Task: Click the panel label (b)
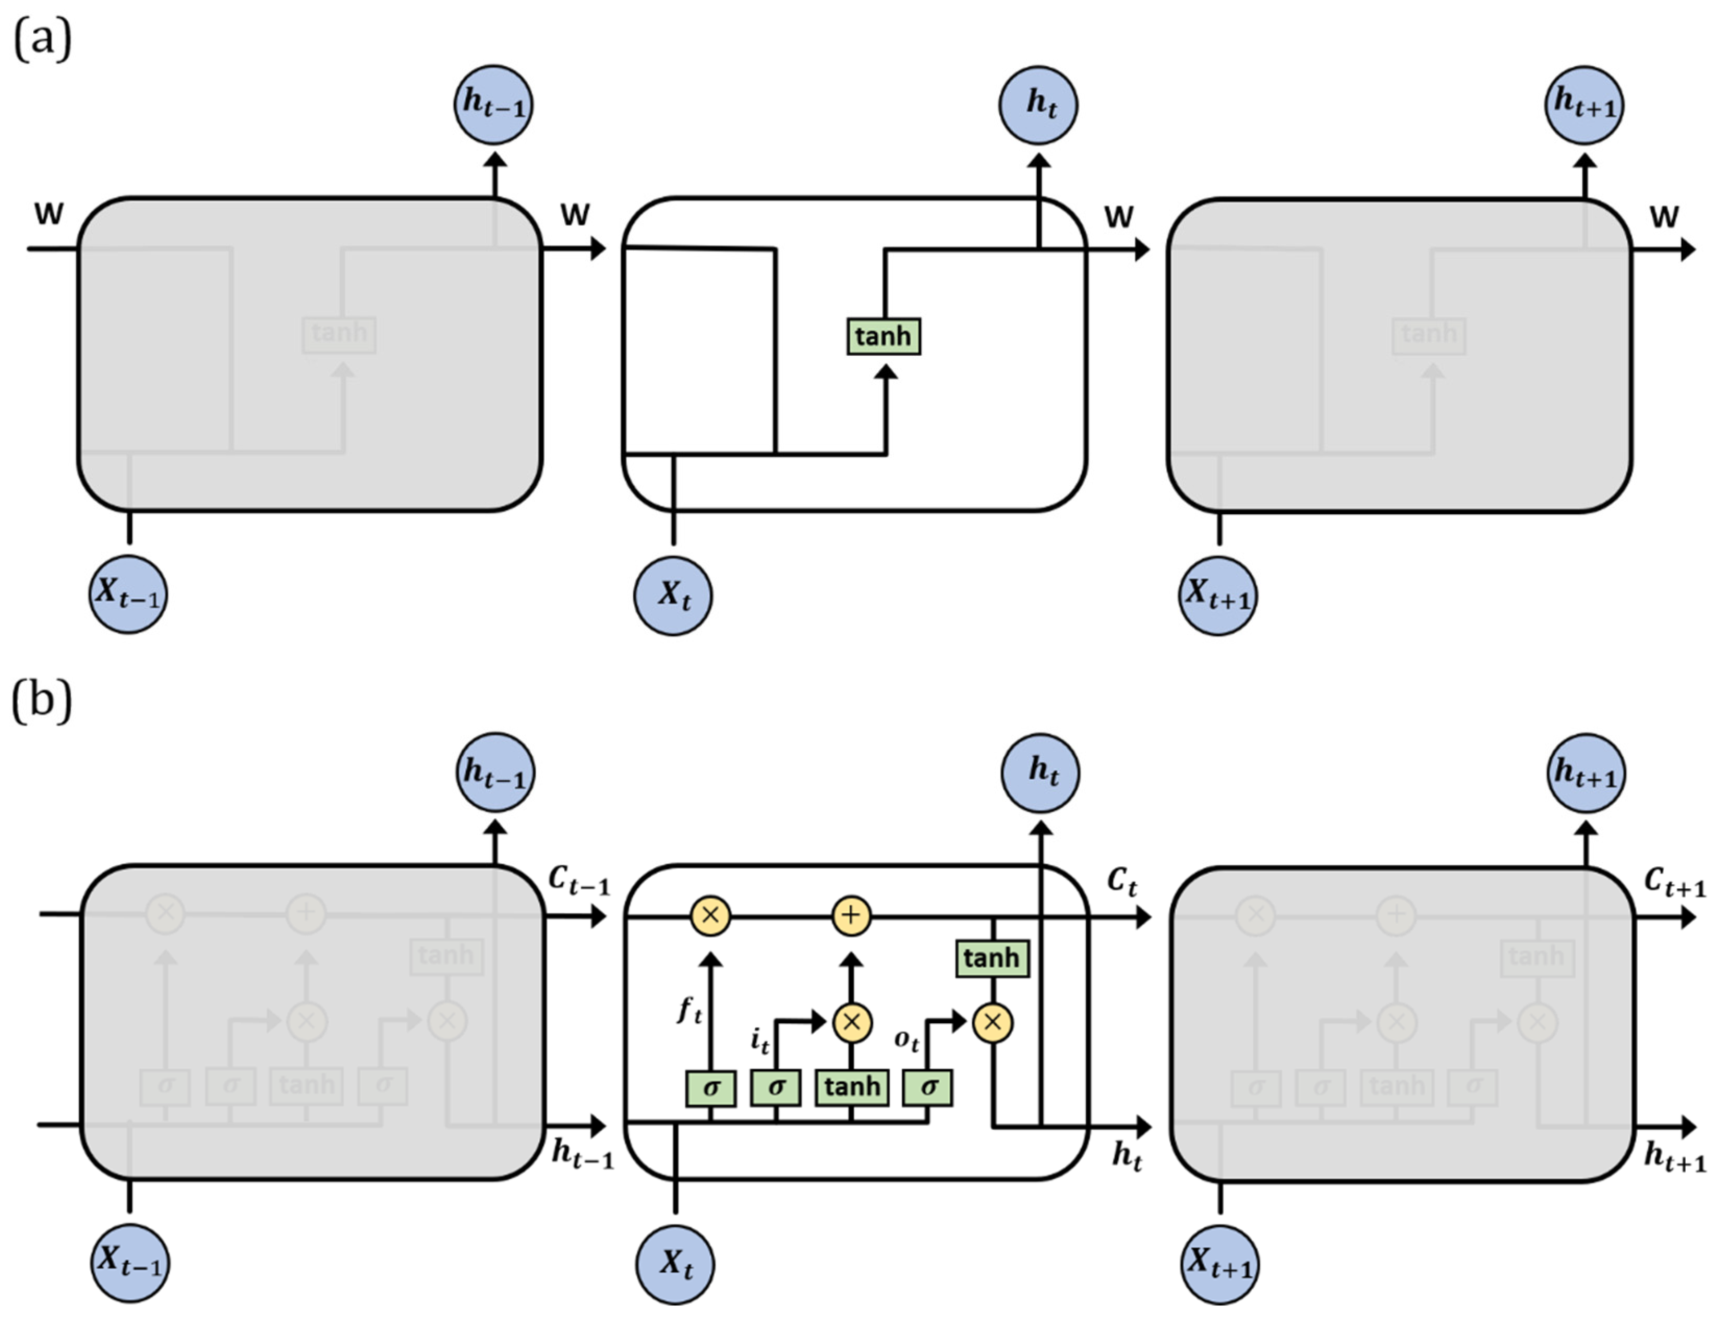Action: tap(42, 700)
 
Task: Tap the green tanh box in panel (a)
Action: tap(884, 336)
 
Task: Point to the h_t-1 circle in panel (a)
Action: tap(493, 104)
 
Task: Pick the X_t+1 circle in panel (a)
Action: tap(1217, 596)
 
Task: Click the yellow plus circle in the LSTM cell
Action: tap(851, 915)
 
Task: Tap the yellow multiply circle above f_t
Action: tap(710, 915)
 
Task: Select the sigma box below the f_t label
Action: tap(711, 1088)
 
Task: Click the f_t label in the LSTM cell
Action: tap(690, 1010)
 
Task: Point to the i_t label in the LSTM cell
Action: tap(759, 1041)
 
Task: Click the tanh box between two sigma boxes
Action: tap(852, 1088)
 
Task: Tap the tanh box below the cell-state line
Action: tap(992, 959)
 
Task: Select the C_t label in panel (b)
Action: tap(1122, 882)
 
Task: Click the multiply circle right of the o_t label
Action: tap(993, 1023)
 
